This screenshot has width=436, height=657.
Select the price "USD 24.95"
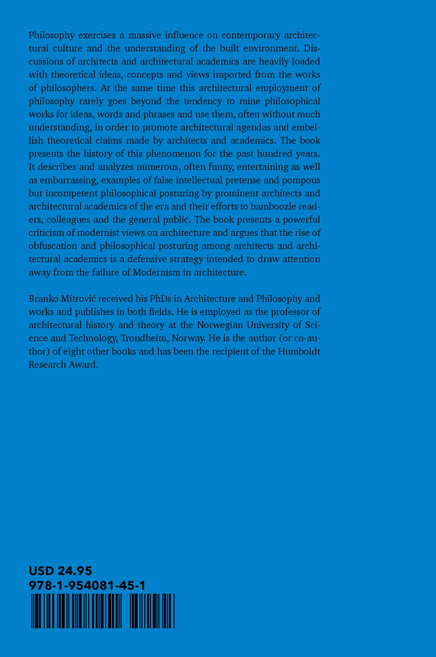(x=60, y=572)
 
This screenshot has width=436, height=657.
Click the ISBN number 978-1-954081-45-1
(x=87, y=586)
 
